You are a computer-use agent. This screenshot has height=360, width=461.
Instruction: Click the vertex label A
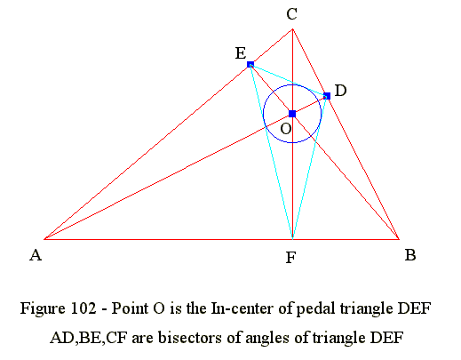tap(36, 255)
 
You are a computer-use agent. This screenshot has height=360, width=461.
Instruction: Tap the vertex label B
tap(410, 255)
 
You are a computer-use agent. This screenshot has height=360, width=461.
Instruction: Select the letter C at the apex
tap(292, 14)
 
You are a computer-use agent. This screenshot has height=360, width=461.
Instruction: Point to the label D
tap(340, 91)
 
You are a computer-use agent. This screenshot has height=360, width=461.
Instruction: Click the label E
tap(241, 53)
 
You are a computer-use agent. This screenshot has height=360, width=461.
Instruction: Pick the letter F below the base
tap(290, 258)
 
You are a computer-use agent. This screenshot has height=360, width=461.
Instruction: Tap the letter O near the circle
tap(286, 129)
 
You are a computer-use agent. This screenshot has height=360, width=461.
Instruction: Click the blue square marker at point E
tap(250, 64)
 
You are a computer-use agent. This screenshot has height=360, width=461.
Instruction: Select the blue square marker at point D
tap(327, 96)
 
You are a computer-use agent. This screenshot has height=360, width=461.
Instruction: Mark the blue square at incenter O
tap(292, 114)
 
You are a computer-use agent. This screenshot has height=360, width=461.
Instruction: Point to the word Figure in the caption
tap(44, 309)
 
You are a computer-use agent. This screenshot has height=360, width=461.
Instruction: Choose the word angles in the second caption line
tap(267, 339)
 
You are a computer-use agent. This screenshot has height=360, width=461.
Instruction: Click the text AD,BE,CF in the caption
tap(89, 338)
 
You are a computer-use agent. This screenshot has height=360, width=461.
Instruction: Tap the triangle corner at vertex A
tap(44, 239)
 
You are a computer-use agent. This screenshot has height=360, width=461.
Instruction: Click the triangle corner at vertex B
tap(399, 239)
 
